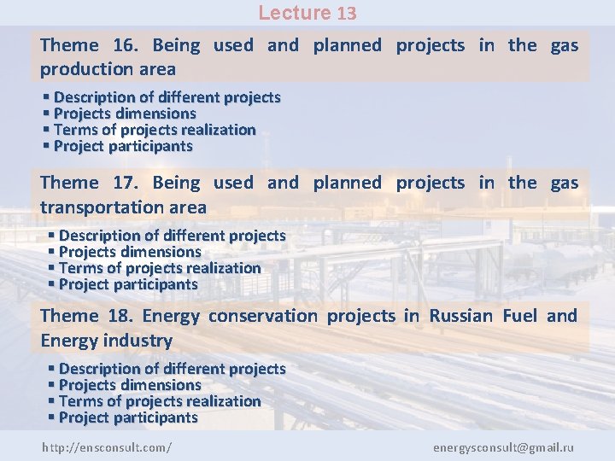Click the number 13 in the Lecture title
[x=346, y=13]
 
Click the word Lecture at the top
[x=294, y=13]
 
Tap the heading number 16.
[x=125, y=45]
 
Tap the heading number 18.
[x=118, y=316]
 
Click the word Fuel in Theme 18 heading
[x=519, y=316]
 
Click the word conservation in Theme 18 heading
[x=262, y=316]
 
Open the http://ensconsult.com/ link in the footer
[x=107, y=447]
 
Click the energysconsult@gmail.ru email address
[x=503, y=447]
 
